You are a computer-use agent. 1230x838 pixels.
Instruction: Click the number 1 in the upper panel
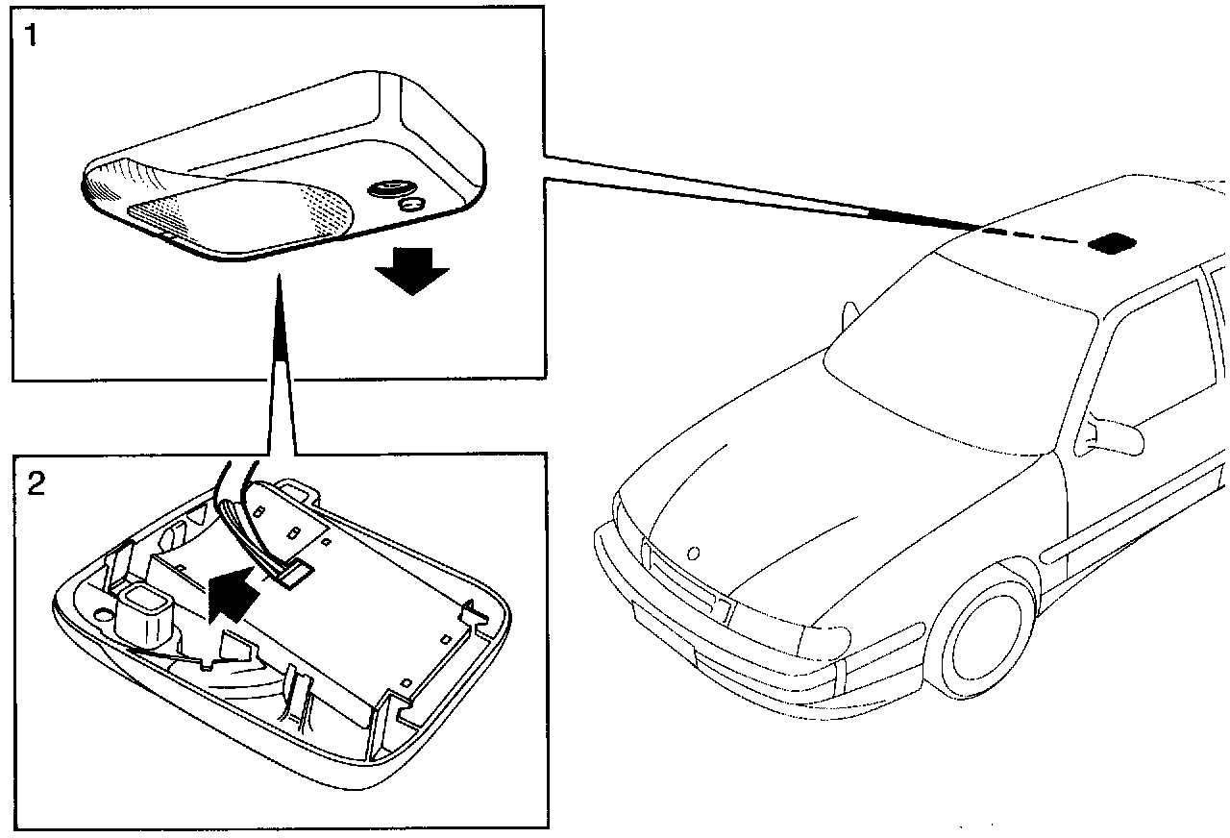point(32,39)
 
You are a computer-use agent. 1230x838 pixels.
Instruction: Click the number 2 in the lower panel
point(35,482)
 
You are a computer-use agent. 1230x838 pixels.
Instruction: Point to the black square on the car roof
point(1113,242)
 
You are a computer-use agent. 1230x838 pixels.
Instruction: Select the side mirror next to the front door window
point(1116,436)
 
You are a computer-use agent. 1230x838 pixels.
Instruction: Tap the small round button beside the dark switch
point(413,204)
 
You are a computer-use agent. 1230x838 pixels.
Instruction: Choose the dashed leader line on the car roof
point(1038,236)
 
